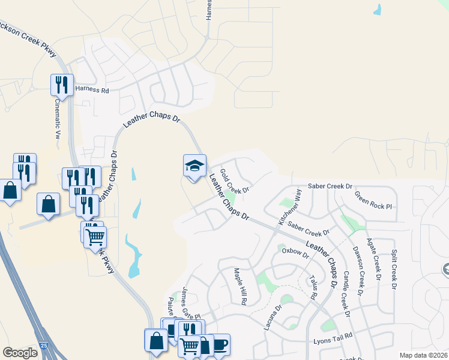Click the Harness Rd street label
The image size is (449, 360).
pyautogui.click(x=92, y=90)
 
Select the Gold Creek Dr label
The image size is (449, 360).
pyautogui.click(x=234, y=181)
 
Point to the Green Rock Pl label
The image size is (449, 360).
pyautogui.click(x=373, y=200)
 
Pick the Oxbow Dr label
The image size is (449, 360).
pyautogui.click(x=295, y=251)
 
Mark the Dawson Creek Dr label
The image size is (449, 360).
pyautogui.click(x=358, y=271)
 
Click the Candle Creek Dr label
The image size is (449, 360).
pyautogui.click(x=346, y=293)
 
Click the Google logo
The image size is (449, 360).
pyautogui.click(x=20, y=353)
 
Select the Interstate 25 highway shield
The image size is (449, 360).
pyautogui.click(x=44, y=346)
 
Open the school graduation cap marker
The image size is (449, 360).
pyautogui.click(x=194, y=166)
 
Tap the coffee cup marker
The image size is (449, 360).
pyautogui.click(x=220, y=344)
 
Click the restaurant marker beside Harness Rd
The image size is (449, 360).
pyautogui.click(x=62, y=85)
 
